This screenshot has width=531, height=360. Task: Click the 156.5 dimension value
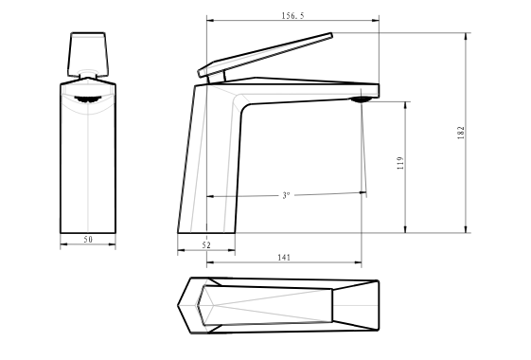(x=292, y=15)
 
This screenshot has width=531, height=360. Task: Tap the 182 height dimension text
(x=461, y=133)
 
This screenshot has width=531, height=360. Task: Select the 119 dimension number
(x=400, y=163)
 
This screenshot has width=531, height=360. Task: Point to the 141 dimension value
(x=284, y=258)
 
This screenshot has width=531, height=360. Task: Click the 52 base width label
(x=206, y=245)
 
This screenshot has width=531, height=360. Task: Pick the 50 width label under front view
(x=88, y=240)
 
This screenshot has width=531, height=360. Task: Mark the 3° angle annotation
(x=287, y=195)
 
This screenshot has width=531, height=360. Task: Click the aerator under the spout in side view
(x=362, y=99)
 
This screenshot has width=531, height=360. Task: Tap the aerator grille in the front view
(x=88, y=99)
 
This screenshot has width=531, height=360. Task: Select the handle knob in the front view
(x=88, y=54)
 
